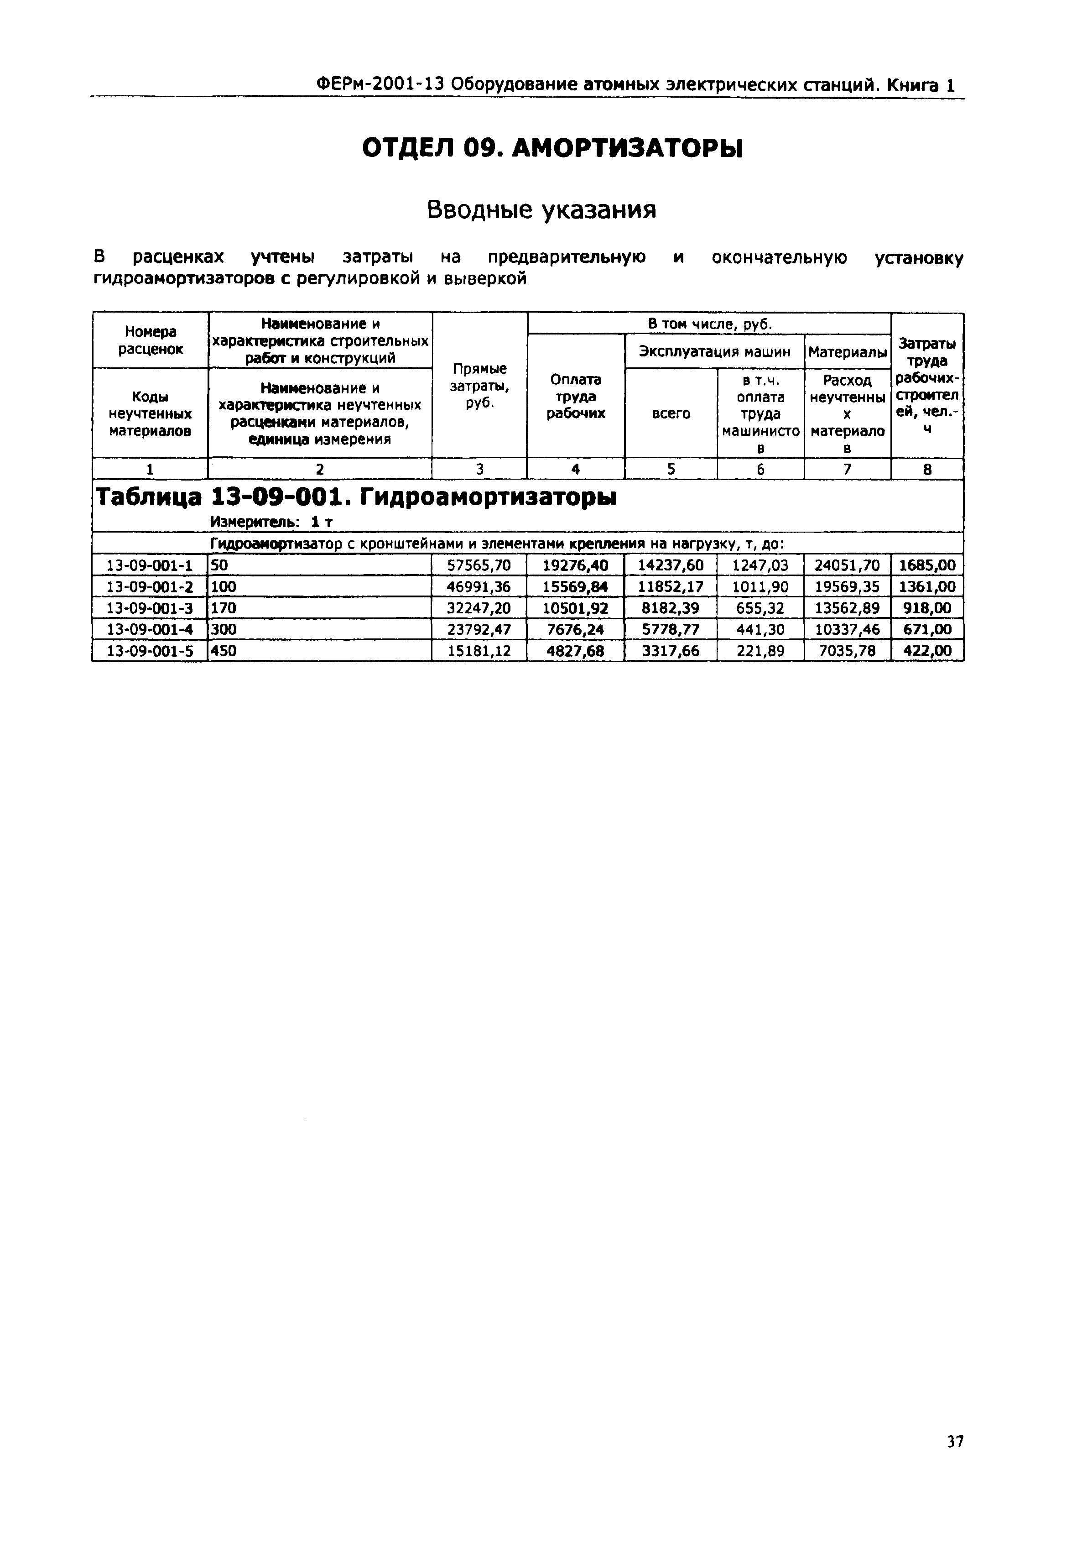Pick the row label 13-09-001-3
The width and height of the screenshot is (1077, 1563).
[150, 608]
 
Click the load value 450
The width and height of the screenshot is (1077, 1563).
[224, 651]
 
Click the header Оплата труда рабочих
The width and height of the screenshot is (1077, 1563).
[576, 396]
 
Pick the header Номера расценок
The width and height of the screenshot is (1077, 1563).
[150, 340]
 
